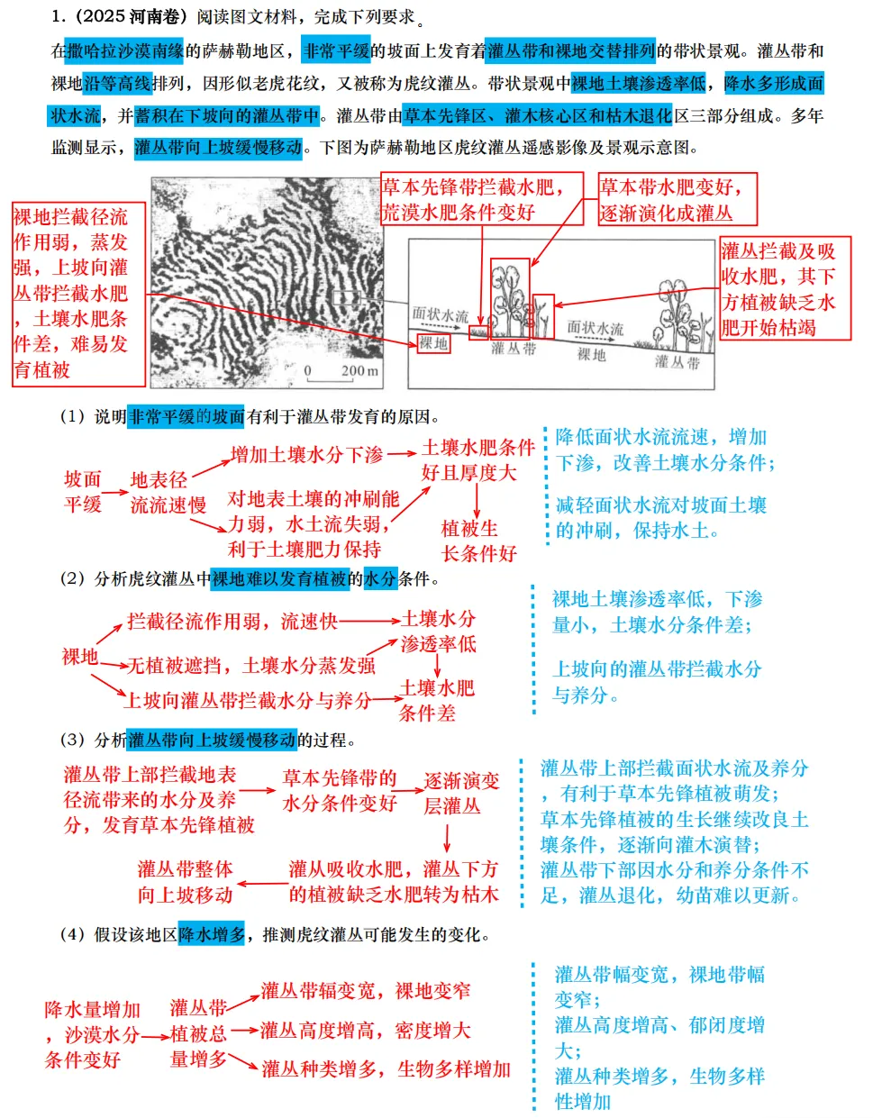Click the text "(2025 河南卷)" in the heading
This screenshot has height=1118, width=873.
pyautogui.click(x=126, y=17)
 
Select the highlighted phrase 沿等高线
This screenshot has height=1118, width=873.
pyautogui.click(x=117, y=84)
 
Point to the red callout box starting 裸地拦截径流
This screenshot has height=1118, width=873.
pyautogui.click(x=78, y=294)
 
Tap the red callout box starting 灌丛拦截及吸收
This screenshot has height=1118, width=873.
pyautogui.click(x=785, y=288)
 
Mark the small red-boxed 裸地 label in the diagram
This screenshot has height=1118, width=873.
pyautogui.click(x=433, y=343)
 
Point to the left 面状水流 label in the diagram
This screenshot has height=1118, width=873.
pyautogui.click(x=440, y=314)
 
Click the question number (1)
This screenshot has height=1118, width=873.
pyautogui.click(x=73, y=417)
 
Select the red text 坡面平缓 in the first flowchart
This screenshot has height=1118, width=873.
pyautogui.click(x=83, y=491)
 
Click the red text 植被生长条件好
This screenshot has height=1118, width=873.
pyautogui.click(x=477, y=541)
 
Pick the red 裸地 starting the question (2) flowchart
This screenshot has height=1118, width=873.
pyautogui.click(x=79, y=657)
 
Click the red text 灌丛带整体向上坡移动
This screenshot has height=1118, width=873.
pyautogui.click(x=185, y=882)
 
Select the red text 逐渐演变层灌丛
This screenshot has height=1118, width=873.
pyautogui.click(x=460, y=793)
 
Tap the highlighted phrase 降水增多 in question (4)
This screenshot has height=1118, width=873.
pyautogui.click(x=212, y=935)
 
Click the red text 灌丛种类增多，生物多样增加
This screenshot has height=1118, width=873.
pyautogui.click(x=386, y=1069)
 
